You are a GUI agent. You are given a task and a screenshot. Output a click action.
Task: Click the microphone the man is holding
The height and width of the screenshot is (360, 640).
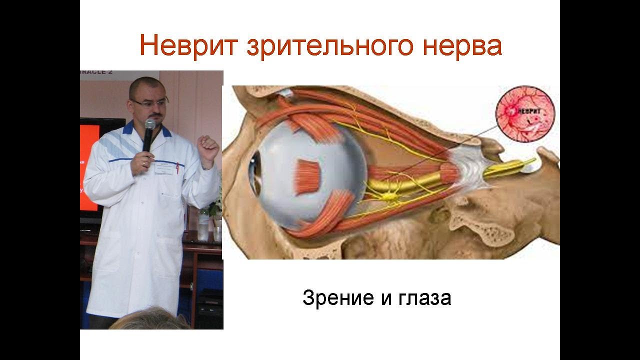tap(149, 134)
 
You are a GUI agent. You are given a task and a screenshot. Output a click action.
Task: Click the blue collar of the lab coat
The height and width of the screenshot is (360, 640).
tap(128, 129)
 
